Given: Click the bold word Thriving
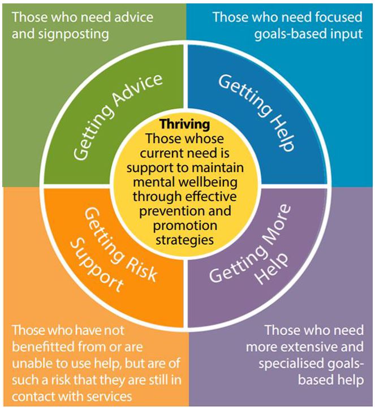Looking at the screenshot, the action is tap(185, 124).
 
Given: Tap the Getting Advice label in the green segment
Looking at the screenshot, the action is tap(118, 116).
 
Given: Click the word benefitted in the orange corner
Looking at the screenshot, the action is tap(42, 347).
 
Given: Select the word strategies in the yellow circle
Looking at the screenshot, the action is tap(185, 240).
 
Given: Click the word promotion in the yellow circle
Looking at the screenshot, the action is tap(185, 226).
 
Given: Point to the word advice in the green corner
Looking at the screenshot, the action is tap(135, 18).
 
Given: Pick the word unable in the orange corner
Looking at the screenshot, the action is tap(29, 364).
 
